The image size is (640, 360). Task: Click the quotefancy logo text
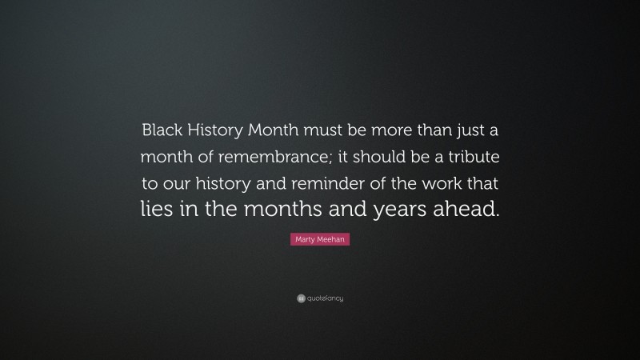point(326,298)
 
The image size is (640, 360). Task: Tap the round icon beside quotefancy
point(301,298)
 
